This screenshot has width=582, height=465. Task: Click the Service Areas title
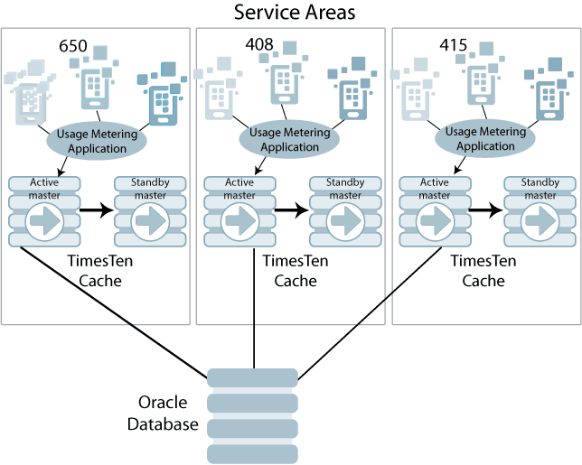295,13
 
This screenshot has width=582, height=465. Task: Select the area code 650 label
73,45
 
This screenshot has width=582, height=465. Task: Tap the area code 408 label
259,43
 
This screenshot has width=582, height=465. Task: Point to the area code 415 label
455,44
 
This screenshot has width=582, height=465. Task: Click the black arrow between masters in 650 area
96,211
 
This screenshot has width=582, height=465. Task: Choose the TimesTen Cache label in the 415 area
483,271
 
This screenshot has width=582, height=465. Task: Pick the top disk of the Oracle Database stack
253,377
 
